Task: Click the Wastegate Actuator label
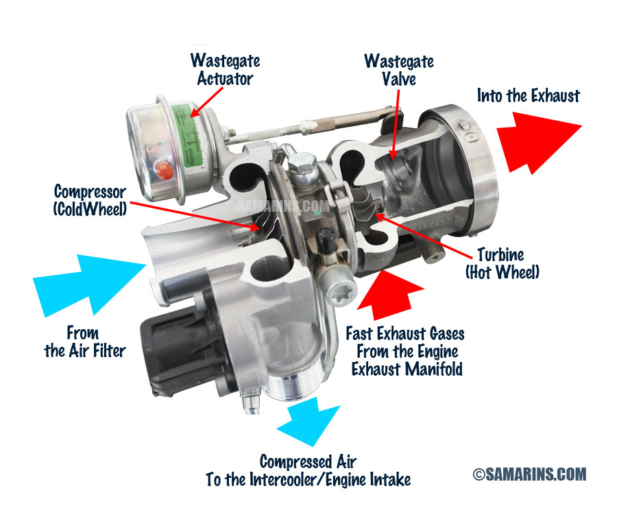(225, 69)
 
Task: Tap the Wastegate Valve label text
(399, 70)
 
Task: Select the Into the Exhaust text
(529, 95)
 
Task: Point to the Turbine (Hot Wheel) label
(502, 263)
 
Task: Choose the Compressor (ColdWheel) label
(90, 200)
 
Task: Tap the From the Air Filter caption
(84, 341)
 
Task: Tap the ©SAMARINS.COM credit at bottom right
(530, 474)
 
